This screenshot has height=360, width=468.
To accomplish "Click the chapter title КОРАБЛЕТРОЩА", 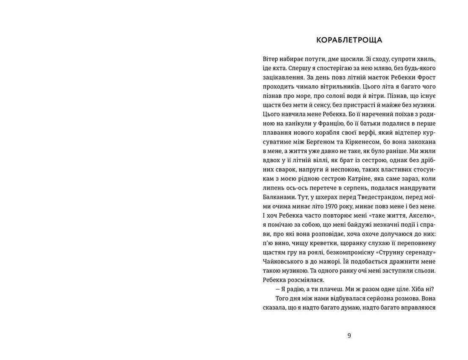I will pos(349,40).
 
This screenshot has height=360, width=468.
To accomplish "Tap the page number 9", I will pos(349,335).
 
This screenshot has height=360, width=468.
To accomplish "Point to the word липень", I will pos(274,188).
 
